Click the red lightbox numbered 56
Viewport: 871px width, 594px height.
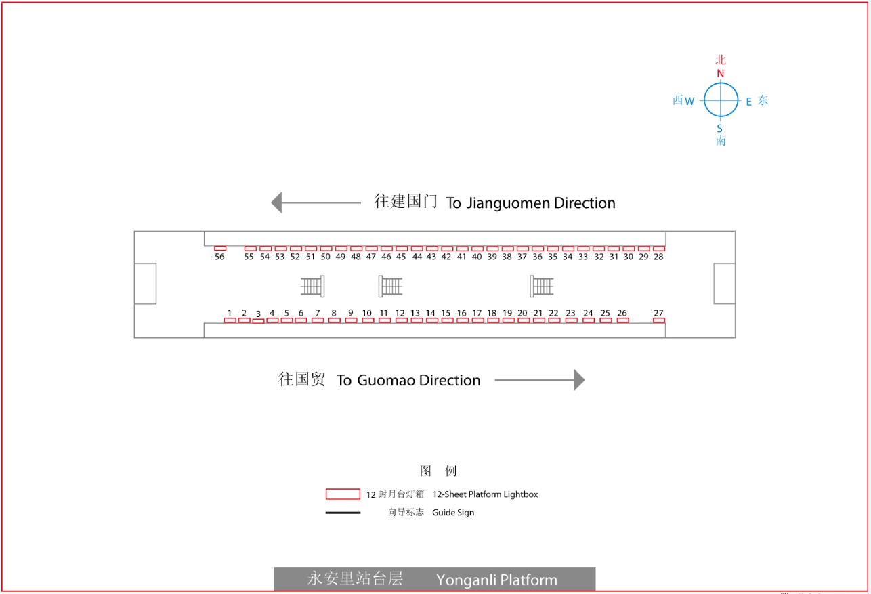(x=220, y=248)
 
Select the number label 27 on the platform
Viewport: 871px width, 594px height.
(x=658, y=313)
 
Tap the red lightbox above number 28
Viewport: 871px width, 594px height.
(x=659, y=249)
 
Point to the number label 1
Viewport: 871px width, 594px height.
(x=230, y=313)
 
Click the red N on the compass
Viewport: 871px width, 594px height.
(x=720, y=73)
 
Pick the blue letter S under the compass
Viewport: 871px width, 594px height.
(x=720, y=129)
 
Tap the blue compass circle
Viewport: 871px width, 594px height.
(x=721, y=83)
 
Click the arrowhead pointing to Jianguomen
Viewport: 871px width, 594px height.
(x=276, y=203)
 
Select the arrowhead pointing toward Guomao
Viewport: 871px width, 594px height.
(x=579, y=380)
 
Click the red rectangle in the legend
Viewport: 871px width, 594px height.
(x=343, y=494)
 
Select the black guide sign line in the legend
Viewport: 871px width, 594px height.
(x=343, y=513)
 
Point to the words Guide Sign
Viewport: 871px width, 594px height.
(x=453, y=513)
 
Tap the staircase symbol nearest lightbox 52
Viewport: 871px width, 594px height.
(x=313, y=287)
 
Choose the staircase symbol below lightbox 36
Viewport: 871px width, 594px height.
(x=541, y=287)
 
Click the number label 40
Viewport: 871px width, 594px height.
(x=477, y=257)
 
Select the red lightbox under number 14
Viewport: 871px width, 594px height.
(x=431, y=320)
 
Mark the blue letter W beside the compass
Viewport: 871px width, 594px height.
(x=689, y=102)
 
